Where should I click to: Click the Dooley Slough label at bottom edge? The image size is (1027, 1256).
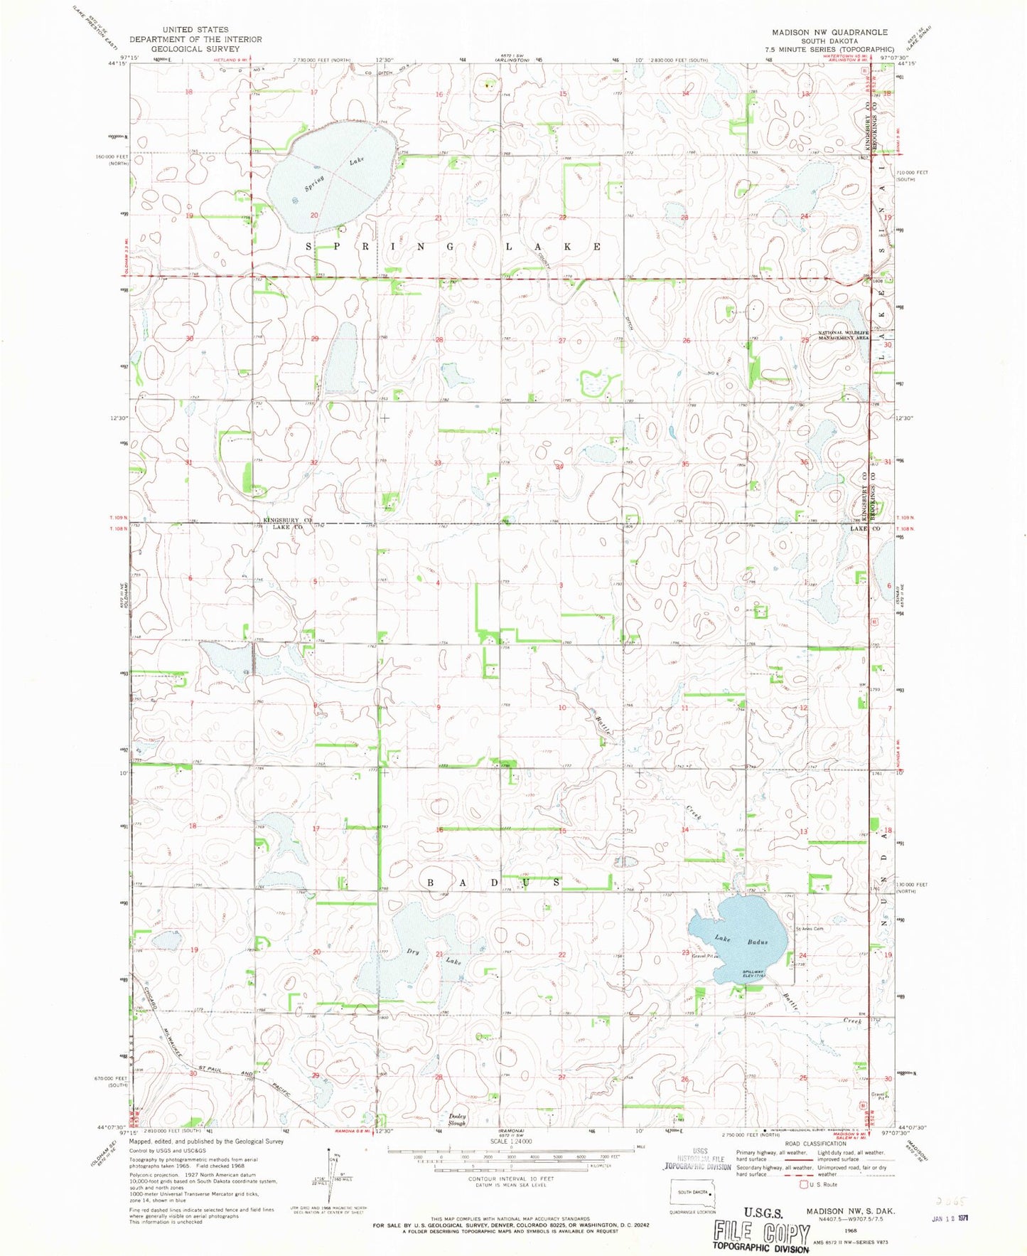coord(457,1120)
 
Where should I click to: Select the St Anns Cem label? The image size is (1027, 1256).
coord(809,929)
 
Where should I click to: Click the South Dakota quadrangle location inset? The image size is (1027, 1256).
coord(693,1194)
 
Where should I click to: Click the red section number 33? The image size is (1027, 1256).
coord(439,463)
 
